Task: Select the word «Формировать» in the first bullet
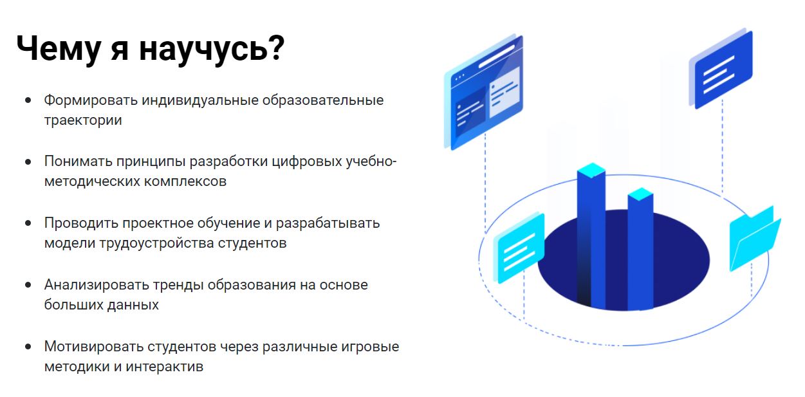pyautogui.click(x=91, y=100)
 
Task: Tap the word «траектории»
pyautogui.click(x=83, y=120)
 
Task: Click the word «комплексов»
pyautogui.click(x=185, y=181)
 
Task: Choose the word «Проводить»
pyautogui.click(x=81, y=223)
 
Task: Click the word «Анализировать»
pyautogui.click(x=97, y=285)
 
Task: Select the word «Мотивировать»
pyautogui.click(x=93, y=347)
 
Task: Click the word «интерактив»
pyautogui.click(x=165, y=367)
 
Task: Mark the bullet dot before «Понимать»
pyautogui.click(x=28, y=162)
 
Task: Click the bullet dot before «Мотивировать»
pyautogui.click(x=28, y=347)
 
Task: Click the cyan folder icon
pyautogui.click(x=755, y=239)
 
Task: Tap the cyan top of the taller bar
pyautogui.click(x=591, y=170)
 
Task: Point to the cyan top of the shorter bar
pyautogui.click(x=640, y=194)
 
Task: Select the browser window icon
pyautogui.click(x=483, y=92)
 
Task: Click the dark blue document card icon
pyautogui.click(x=721, y=69)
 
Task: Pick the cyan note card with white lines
pyautogui.click(x=519, y=248)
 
